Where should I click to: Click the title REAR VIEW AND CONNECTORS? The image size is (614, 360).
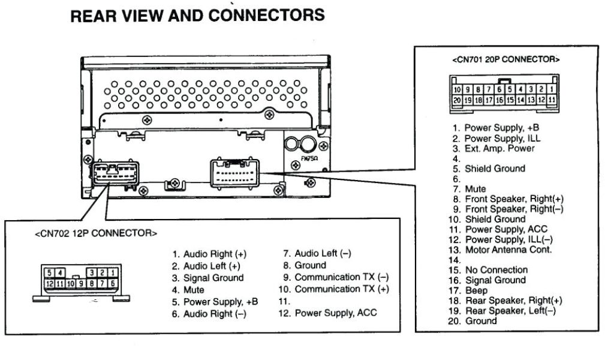tap(198, 16)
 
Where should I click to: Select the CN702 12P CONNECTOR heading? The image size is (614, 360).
tap(96, 233)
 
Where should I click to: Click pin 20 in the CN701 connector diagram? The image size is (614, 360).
tap(456, 100)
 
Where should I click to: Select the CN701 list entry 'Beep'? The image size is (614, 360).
tap(476, 290)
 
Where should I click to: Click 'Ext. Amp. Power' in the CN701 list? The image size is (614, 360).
tap(499, 148)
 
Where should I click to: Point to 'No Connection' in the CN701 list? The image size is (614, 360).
tap(496, 270)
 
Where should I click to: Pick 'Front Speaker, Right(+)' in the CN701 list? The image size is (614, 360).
tap(514, 199)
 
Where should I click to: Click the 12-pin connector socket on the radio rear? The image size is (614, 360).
tap(115, 174)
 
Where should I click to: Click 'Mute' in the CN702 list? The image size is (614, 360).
tap(194, 290)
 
